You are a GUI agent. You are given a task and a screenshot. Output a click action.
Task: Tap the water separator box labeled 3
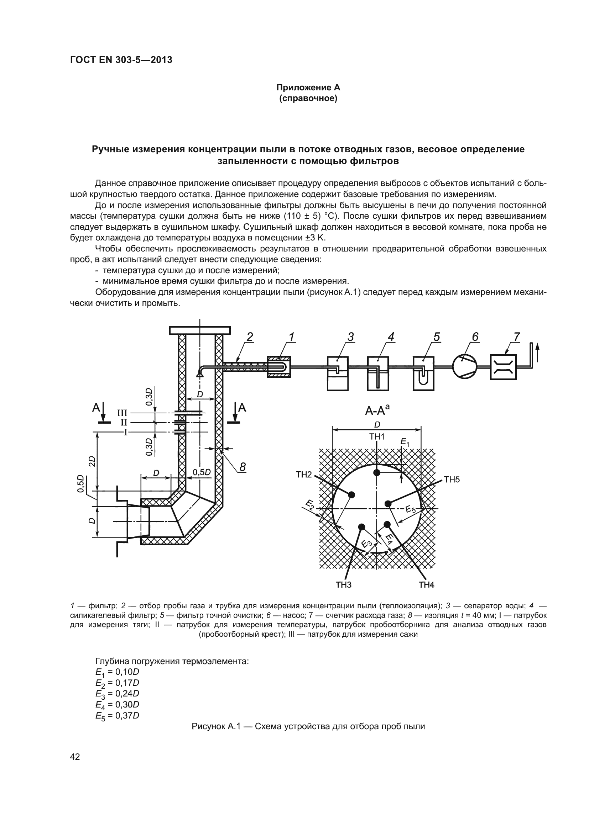coord(337,373)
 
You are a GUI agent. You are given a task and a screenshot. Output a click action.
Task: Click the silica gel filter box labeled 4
coord(378,373)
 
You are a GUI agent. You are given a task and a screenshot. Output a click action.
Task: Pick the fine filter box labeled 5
coord(423,373)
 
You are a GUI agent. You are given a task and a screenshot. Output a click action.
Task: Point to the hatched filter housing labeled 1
coord(278,367)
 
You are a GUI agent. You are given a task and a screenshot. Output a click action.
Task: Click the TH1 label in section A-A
coord(377,437)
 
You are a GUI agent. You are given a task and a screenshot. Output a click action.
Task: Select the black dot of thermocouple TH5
coord(388,503)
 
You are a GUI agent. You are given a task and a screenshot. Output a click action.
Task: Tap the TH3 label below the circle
coord(343,584)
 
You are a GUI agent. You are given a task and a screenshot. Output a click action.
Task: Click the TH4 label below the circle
coord(426,584)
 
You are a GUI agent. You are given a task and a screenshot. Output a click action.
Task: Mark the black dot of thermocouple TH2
coord(351,495)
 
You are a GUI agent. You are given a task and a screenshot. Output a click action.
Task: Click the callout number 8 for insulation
coord(243,467)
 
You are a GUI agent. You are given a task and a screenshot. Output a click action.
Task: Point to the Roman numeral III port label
coord(122,413)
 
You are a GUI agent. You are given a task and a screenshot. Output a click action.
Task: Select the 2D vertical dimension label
coord(92,461)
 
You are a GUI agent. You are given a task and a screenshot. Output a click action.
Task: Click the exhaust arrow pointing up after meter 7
coord(537,351)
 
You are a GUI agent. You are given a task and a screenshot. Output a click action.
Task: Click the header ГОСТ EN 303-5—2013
coord(121,60)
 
